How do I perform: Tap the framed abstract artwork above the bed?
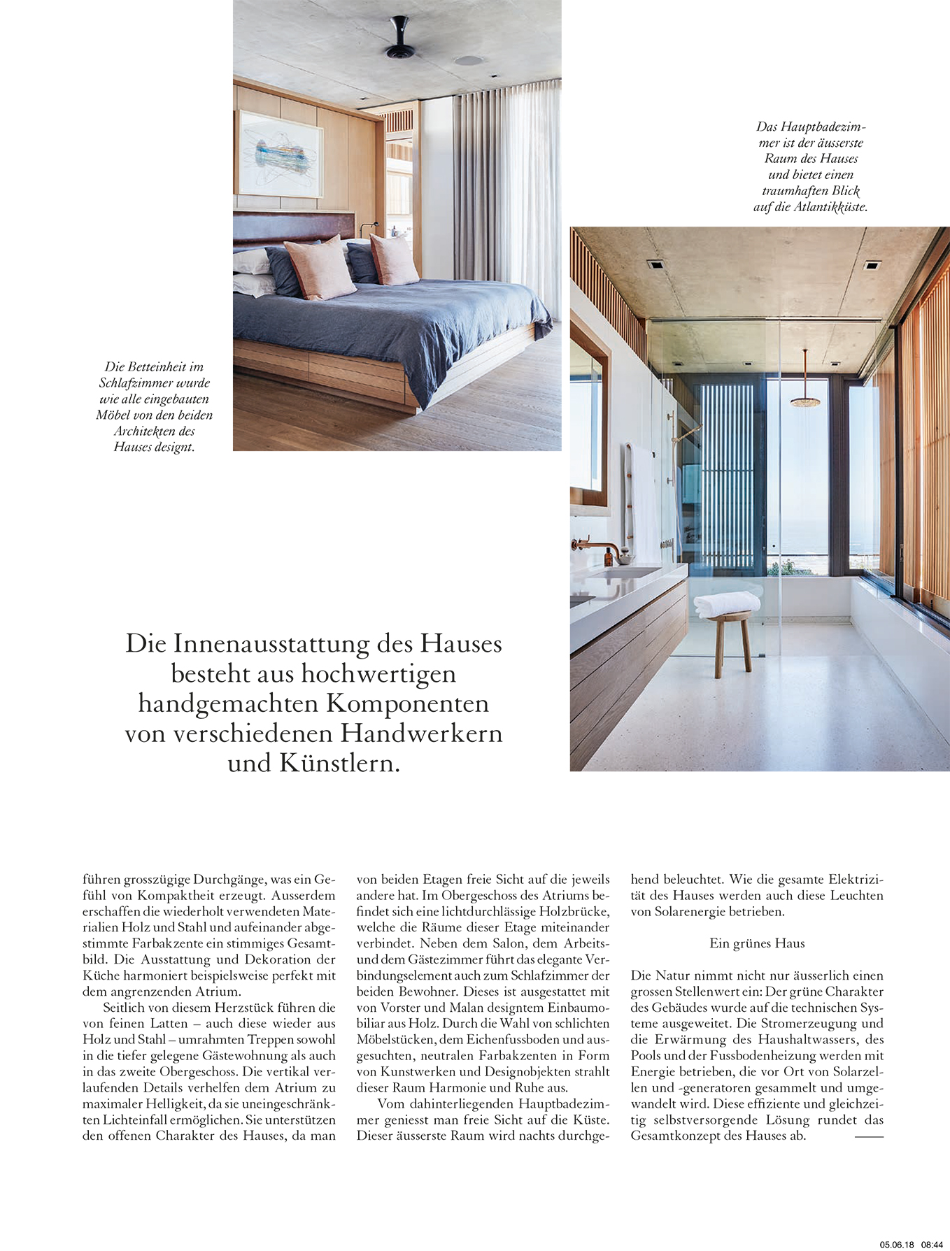point(280,154)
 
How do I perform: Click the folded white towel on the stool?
point(726,603)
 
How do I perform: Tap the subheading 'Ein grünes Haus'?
point(757,943)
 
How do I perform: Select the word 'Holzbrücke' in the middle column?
point(574,912)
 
